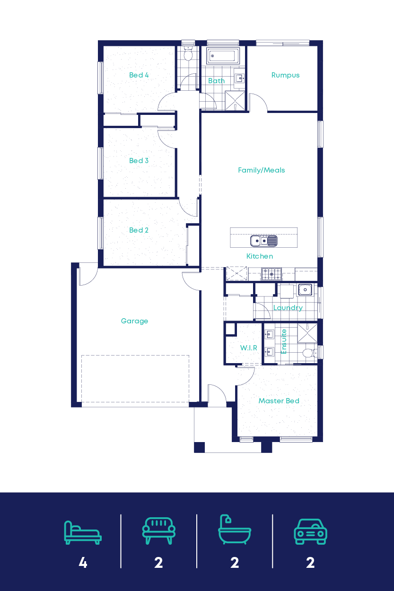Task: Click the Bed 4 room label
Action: pyautogui.click(x=139, y=75)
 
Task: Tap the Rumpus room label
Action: pyautogui.click(x=285, y=75)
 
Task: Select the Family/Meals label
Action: pyautogui.click(x=261, y=170)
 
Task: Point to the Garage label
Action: pyautogui.click(x=134, y=321)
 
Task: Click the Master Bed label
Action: pyautogui.click(x=279, y=401)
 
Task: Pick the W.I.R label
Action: pyautogui.click(x=248, y=348)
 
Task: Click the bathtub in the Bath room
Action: pyautogui.click(x=223, y=56)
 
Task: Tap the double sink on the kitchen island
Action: pyautogui.click(x=264, y=241)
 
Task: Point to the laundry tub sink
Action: pyautogui.click(x=305, y=289)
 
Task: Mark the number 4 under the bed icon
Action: pyautogui.click(x=83, y=563)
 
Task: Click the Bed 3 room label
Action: pyautogui.click(x=139, y=161)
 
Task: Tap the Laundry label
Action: pyautogui.click(x=288, y=308)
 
